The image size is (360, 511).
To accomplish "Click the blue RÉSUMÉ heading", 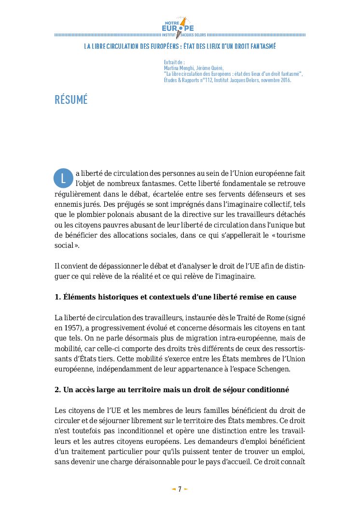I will click(71, 100).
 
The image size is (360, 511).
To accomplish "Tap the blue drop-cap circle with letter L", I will click(63, 177).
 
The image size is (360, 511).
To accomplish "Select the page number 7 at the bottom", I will click(180, 489).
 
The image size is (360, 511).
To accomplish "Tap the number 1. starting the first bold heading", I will click(57, 297).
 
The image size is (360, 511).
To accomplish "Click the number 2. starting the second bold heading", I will click(57, 389).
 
